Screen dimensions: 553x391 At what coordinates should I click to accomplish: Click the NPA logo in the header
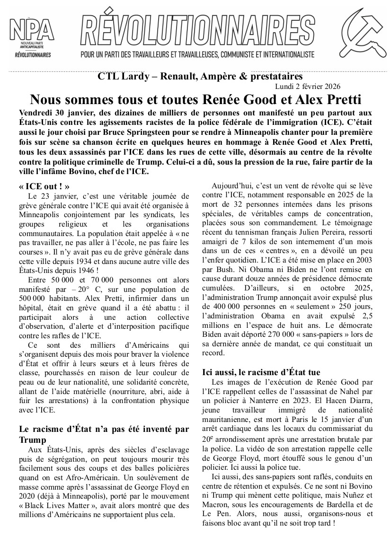32,40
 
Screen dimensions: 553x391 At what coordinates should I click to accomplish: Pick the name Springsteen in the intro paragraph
162,130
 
